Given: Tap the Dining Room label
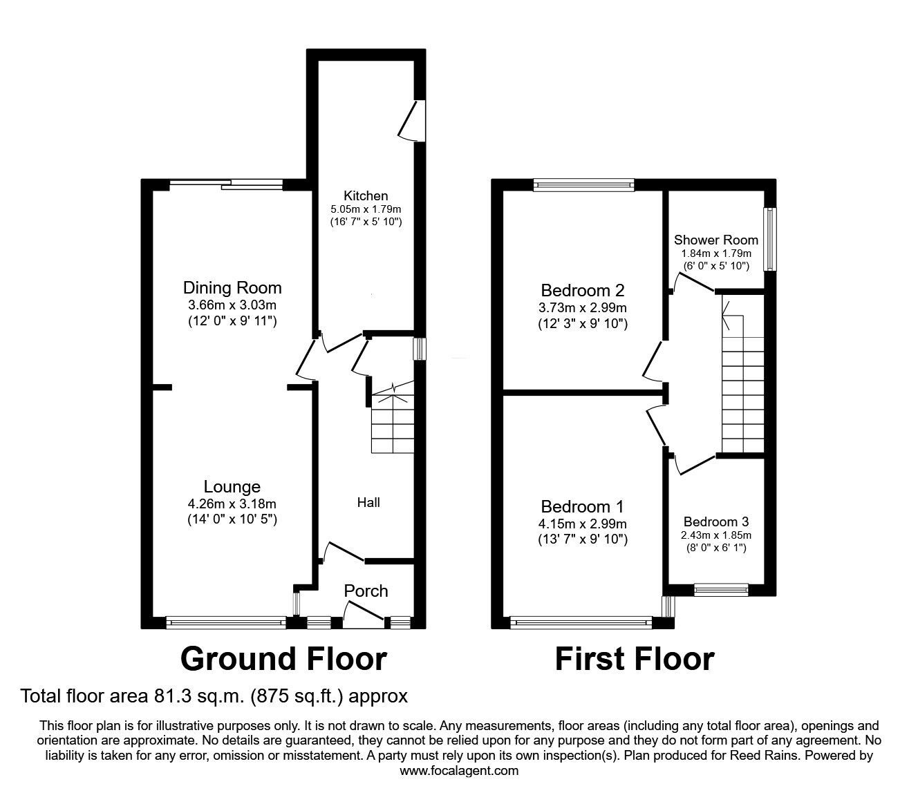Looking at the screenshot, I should pyautogui.click(x=232, y=288).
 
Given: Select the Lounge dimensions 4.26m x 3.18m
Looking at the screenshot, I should pyautogui.click(x=232, y=504).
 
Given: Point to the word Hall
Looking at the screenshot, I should pyautogui.click(x=368, y=502).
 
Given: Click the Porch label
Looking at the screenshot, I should pyautogui.click(x=366, y=591).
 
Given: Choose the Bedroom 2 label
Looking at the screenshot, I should pyautogui.click(x=583, y=290).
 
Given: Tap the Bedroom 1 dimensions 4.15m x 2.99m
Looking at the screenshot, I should pyautogui.click(x=583, y=524).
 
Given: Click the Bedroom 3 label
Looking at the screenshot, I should pyautogui.click(x=716, y=521).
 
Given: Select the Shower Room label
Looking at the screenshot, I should pyautogui.click(x=716, y=240).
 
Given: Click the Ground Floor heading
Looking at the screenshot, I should pyautogui.click(x=283, y=659).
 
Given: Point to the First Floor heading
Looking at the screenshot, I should pyautogui.click(x=635, y=659).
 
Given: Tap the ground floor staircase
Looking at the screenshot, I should pyautogui.click(x=392, y=423).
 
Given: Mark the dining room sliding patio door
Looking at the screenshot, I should pyautogui.click(x=227, y=184).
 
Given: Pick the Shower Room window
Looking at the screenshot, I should pyautogui.click(x=768, y=239).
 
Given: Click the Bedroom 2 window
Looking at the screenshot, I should pyautogui.click(x=583, y=184).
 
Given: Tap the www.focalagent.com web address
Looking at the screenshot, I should pyautogui.click(x=459, y=771).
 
